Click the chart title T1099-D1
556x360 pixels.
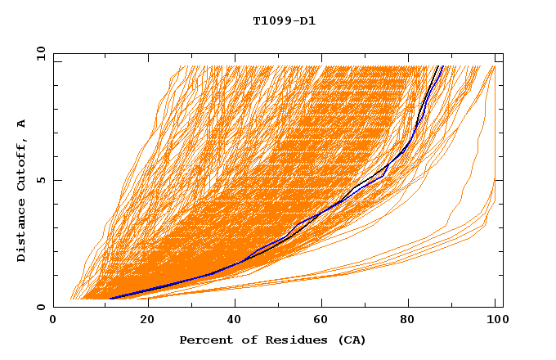[x=284, y=20]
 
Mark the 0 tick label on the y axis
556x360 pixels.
[x=41, y=307]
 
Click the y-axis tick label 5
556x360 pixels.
[x=41, y=180]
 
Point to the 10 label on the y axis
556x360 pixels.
[x=38, y=53]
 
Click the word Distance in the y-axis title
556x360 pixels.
[x=22, y=232]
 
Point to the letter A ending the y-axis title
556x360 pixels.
[x=22, y=124]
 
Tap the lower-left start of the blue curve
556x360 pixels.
[x=110, y=299]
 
